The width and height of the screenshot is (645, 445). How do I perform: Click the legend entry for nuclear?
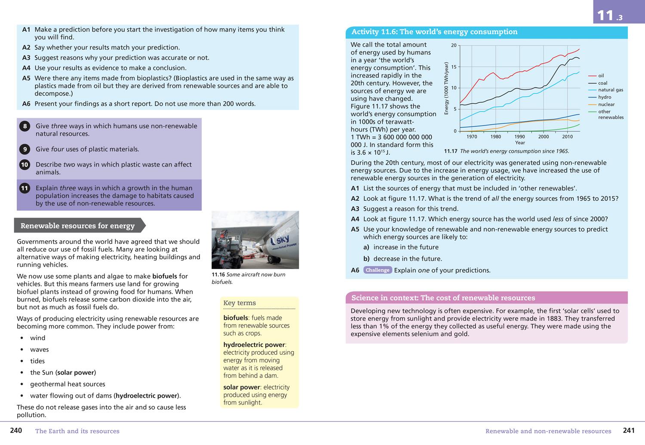[606, 104]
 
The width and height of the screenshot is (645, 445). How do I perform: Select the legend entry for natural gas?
[610, 90]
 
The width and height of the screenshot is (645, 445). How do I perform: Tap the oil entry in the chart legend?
[601, 76]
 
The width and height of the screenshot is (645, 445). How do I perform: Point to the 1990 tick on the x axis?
[519, 137]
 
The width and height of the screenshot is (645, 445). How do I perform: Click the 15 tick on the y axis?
[454, 67]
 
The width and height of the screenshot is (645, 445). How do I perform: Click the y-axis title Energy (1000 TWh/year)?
[446, 88]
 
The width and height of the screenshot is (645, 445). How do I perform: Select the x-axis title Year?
[520, 143]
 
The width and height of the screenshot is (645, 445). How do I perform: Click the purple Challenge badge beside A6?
[377, 270]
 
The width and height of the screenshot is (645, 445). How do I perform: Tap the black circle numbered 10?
[25, 165]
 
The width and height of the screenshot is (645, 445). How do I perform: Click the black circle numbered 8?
[25, 126]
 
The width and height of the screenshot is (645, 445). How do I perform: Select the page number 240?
[16, 430]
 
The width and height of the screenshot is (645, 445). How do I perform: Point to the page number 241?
[629, 430]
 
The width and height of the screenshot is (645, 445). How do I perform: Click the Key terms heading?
[240, 303]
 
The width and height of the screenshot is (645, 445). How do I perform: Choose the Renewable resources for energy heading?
[77, 226]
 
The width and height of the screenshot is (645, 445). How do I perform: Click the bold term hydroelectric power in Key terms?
[254, 345]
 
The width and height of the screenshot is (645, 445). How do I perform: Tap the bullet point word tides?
[37, 361]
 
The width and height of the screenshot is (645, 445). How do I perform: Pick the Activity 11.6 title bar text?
[434, 32]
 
